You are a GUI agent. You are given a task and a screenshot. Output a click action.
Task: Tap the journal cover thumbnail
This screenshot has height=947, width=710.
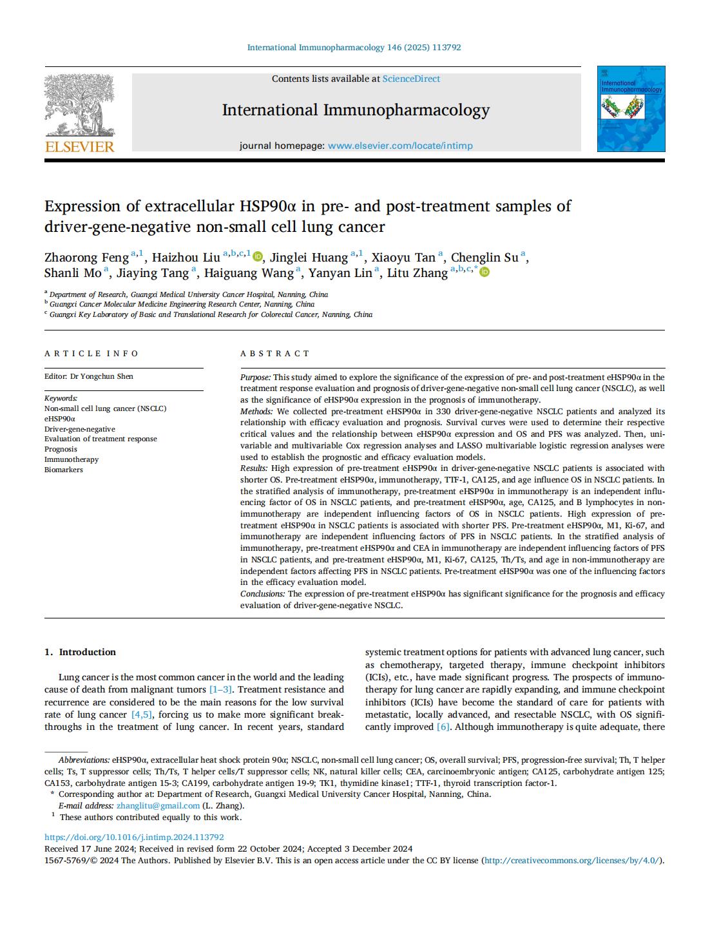click(x=631, y=109)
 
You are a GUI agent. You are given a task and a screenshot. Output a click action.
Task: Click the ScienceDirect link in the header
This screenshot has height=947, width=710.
click(x=411, y=79)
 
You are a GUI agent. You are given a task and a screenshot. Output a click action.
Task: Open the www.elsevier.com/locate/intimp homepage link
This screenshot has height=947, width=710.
click(x=400, y=146)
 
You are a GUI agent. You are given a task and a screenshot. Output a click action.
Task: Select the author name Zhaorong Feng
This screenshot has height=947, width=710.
click(x=86, y=258)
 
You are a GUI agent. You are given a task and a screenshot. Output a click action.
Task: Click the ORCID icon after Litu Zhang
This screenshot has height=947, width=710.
click(x=485, y=273)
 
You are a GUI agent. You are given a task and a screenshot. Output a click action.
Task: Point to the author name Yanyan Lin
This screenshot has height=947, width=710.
click(x=340, y=273)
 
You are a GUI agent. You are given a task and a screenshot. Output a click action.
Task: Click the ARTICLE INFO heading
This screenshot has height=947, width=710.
click(x=91, y=353)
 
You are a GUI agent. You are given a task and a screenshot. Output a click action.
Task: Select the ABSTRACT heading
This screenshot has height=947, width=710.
click(x=275, y=353)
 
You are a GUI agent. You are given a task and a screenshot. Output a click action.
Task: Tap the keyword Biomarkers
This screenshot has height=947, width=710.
click(x=64, y=470)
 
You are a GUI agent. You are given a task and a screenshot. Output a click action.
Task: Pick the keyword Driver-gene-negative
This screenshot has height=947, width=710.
click(x=80, y=428)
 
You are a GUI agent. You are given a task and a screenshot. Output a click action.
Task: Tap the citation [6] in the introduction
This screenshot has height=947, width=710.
click(x=443, y=727)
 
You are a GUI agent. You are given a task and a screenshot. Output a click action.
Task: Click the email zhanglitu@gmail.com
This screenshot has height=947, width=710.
click(x=158, y=805)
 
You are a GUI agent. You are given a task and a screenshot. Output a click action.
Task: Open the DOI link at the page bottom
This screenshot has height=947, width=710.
click(x=134, y=837)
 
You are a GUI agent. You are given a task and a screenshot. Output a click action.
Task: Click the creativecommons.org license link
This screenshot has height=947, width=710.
click(x=572, y=860)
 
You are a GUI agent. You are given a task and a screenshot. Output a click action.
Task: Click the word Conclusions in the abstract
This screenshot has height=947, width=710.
click(x=262, y=593)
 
